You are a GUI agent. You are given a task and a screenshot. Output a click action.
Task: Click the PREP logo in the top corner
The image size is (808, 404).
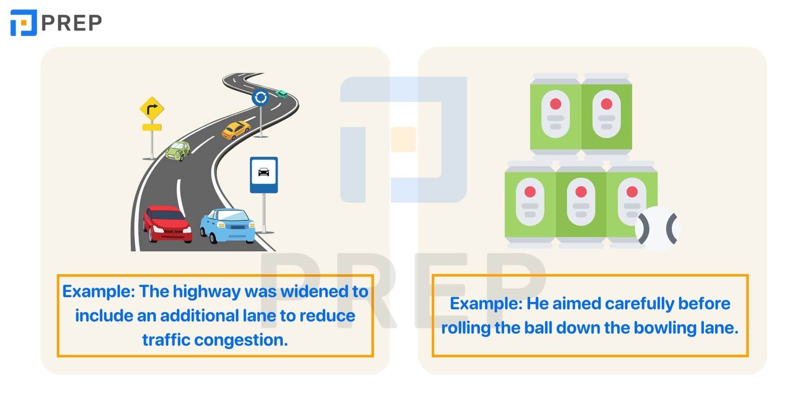click(56, 22)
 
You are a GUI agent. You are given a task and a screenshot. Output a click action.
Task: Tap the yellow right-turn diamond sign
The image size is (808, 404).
click(152, 109)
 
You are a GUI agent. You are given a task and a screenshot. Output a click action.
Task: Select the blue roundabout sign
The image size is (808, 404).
click(260, 97)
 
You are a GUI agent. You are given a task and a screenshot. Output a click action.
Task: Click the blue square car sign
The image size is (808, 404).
click(264, 175)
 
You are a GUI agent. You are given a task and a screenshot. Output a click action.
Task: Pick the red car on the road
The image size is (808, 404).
click(167, 224)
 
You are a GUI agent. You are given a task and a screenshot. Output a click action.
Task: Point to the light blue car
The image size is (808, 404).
click(228, 225)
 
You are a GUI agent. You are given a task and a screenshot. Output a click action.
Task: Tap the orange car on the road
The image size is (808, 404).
click(236, 130)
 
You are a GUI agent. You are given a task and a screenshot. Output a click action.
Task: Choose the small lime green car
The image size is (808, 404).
click(178, 151)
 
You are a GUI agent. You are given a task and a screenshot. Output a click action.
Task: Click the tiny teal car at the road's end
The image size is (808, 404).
click(282, 93)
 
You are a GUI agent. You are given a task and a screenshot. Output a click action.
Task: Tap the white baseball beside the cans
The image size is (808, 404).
click(657, 228)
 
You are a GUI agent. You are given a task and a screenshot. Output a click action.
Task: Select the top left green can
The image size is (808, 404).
click(556, 114)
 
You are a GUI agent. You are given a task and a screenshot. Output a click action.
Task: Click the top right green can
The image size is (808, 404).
click(606, 114)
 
